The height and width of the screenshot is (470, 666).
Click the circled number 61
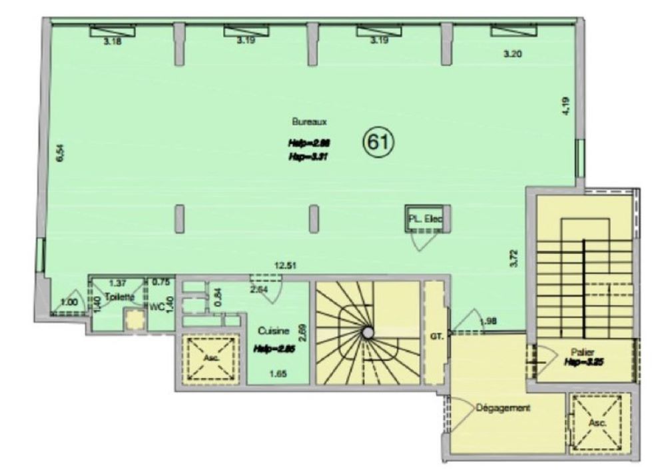(x=378, y=141)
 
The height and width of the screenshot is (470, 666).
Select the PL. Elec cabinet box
(x=426, y=218)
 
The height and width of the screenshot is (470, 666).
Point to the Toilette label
(x=119, y=297)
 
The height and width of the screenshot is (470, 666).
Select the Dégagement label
(x=503, y=407)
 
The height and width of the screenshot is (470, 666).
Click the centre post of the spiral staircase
(x=366, y=331)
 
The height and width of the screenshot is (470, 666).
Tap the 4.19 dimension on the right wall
(x=566, y=107)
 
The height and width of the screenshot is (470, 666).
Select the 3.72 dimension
(x=512, y=257)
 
